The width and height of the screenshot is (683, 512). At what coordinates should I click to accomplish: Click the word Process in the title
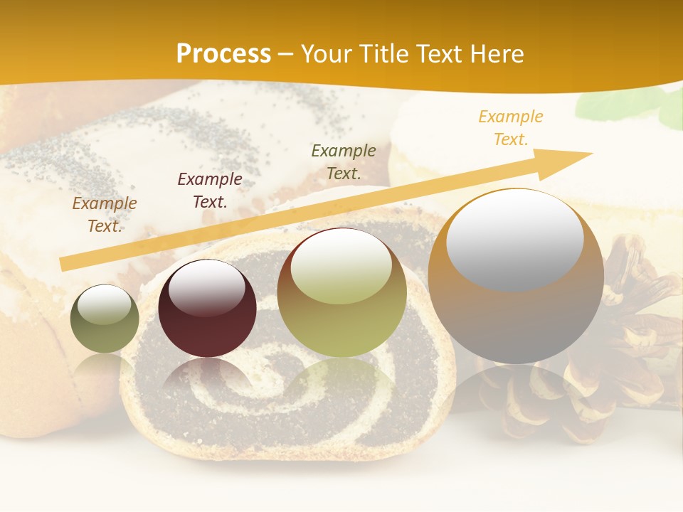coord(223,54)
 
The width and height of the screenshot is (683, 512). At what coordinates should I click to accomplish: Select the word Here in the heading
coord(496,54)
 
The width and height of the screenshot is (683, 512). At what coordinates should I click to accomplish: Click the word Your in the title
coord(324,54)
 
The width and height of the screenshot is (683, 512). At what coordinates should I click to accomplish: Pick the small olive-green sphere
coord(105,319)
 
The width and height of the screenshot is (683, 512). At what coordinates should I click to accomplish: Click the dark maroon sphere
coord(207,309)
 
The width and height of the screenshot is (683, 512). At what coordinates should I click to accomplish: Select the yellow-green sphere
coord(342,292)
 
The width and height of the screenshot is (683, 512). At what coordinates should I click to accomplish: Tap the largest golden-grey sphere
coord(516,277)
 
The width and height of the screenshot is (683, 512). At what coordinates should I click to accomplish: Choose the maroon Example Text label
coord(210,191)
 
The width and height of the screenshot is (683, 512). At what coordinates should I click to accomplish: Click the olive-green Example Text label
coord(344,162)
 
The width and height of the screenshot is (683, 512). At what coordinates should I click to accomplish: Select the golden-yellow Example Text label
coord(511,128)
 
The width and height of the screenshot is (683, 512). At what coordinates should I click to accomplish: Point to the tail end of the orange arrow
coord(64,264)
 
